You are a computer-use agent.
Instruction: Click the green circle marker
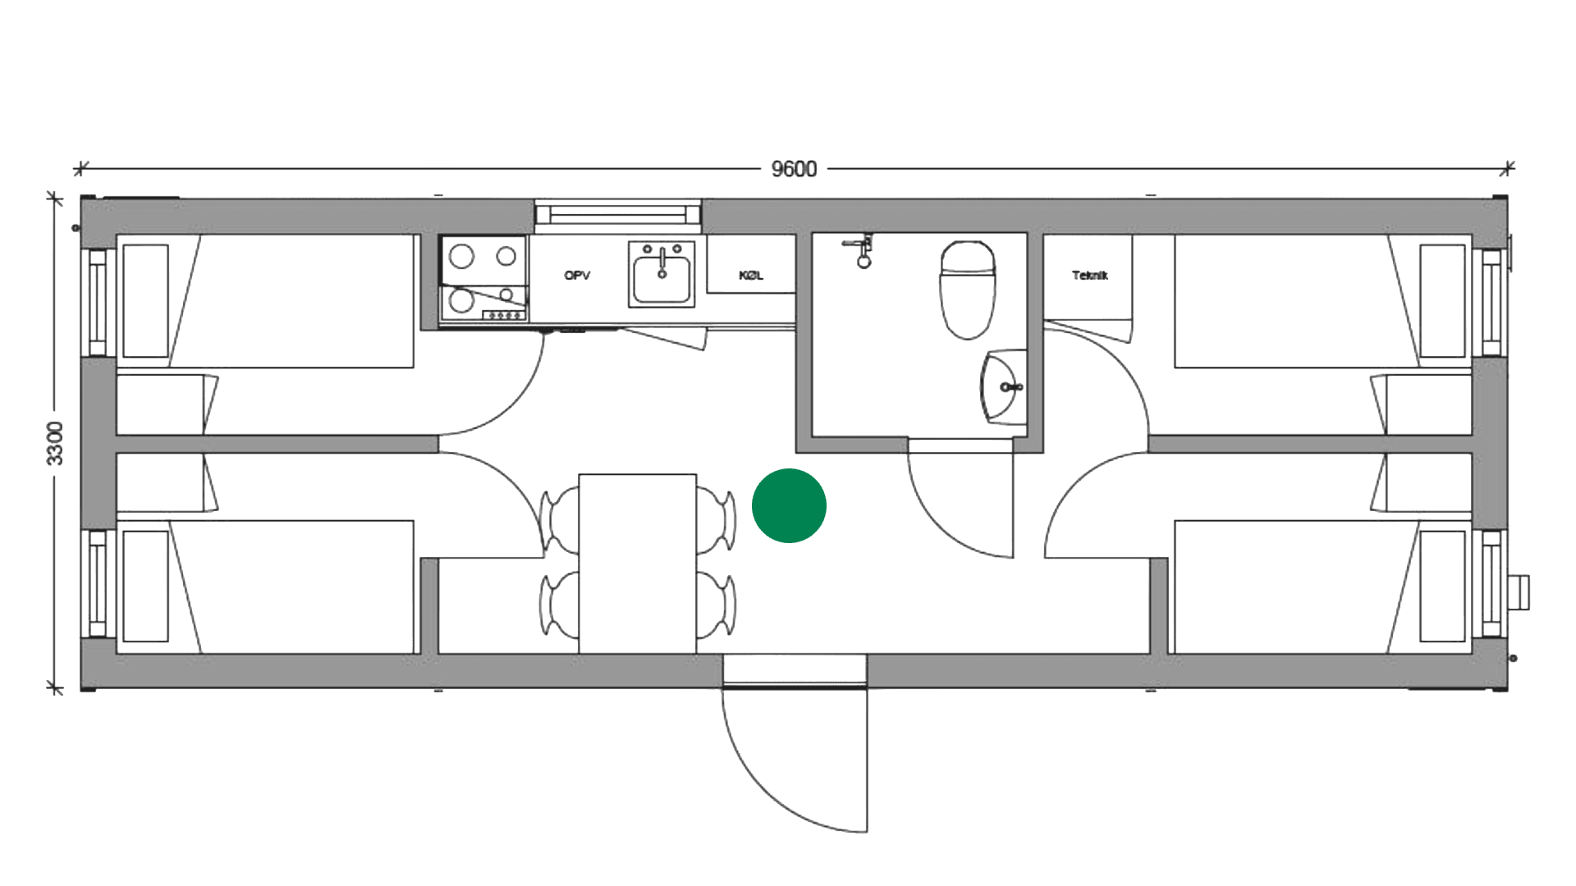tap(789, 506)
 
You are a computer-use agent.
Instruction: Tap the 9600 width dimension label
tap(795, 170)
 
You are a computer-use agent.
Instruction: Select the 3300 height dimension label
tap(54, 444)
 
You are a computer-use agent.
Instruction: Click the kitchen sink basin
tap(661, 276)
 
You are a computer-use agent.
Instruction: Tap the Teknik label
tap(1090, 276)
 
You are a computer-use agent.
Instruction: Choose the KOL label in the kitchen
tap(751, 276)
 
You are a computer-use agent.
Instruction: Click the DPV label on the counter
tap(577, 276)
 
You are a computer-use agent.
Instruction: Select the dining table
tap(638, 563)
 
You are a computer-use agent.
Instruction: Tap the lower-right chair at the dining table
tap(717, 607)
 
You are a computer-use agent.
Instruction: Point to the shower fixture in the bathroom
tap(861, 249)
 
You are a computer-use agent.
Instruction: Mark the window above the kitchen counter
tap(619, 215)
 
